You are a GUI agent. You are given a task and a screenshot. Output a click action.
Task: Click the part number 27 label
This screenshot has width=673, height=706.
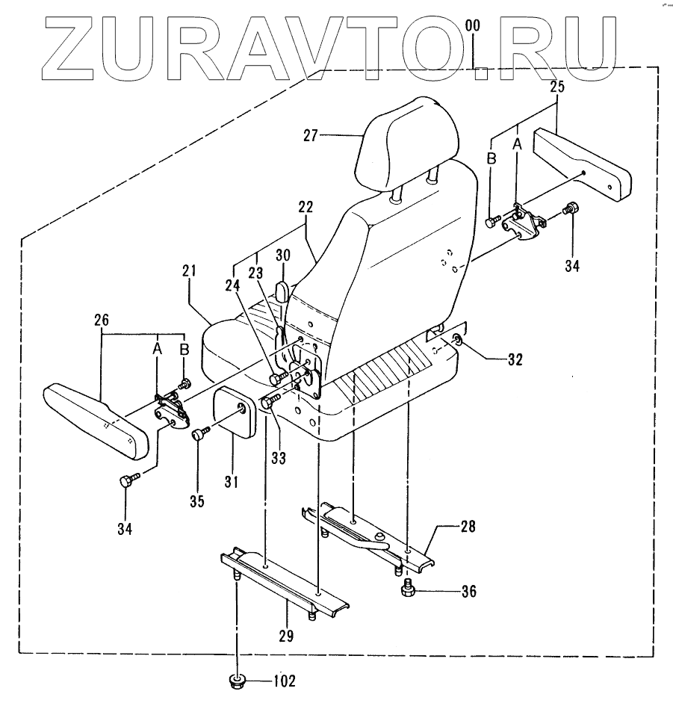point(311,135)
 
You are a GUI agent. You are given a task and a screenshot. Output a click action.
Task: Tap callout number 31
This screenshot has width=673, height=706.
point(232,483)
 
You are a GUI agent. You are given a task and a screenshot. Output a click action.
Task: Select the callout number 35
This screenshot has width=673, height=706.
point(196,501)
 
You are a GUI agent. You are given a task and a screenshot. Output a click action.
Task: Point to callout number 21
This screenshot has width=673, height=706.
point(187,270)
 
